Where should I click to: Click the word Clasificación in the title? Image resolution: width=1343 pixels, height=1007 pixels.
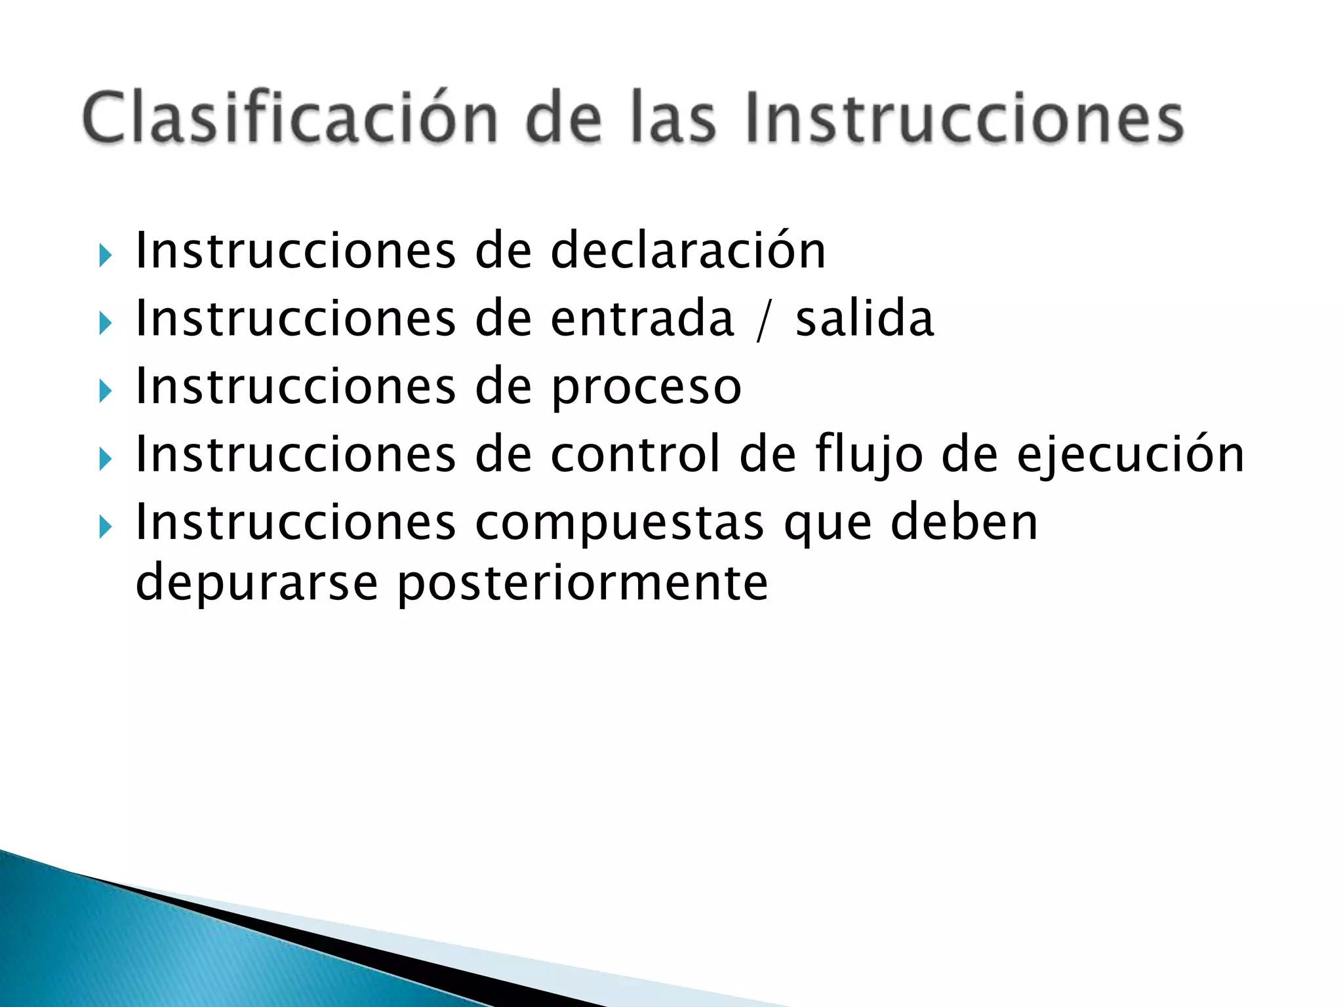pyautogui.click(x=290, y=118)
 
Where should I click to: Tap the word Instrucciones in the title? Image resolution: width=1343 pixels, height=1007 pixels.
pyautogui.click(x=965, y=118)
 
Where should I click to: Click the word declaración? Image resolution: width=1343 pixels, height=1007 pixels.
pyautogui.click(x=688, y=250)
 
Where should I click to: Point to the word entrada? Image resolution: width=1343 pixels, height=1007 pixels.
pyautogui.click(x=642, y=319)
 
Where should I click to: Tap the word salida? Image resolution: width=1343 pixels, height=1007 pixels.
pyautogui.click(x=864, y=319)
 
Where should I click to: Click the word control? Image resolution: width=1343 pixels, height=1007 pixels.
pyautogui.click(x=635, y=454)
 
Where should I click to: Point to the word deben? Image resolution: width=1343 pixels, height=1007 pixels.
pyautogui.click(x=964, y=522)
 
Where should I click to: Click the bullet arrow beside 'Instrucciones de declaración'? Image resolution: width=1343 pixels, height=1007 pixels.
pyautogui.click(x=105, y=256)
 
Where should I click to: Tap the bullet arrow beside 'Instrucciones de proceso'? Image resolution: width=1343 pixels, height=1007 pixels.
pyautogui.click(x=105, y=391)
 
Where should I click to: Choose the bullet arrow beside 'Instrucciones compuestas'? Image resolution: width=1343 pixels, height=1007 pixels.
pyautogui.click(x=105, y=526)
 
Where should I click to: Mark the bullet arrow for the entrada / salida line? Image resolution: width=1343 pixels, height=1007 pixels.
pyautogui.click(x=105, y=323)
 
